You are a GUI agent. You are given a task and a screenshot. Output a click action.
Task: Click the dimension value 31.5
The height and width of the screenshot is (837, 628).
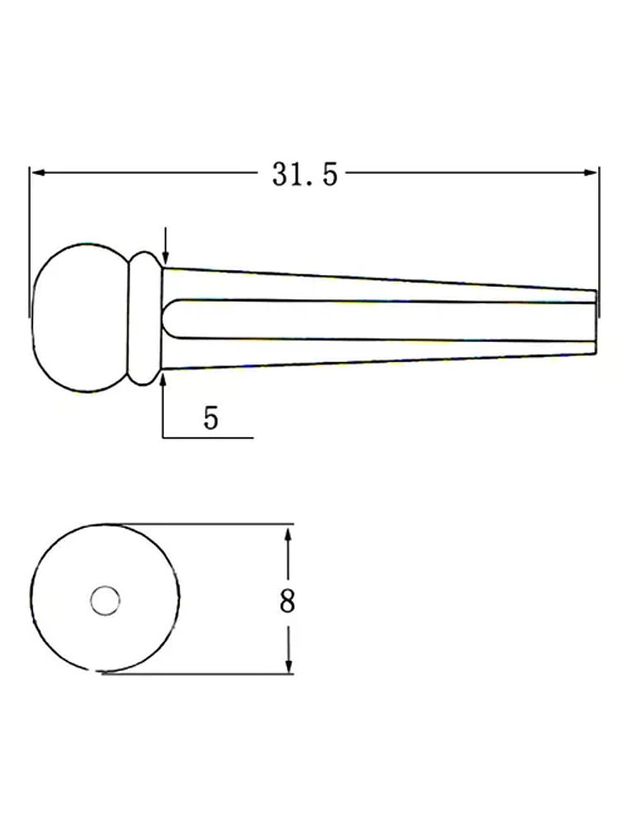coord(305,174)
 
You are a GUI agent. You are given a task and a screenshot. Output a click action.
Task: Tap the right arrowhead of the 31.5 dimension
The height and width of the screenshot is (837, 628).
coord(592,172)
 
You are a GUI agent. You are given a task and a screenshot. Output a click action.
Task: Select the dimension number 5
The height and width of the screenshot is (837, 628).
coord(212,418)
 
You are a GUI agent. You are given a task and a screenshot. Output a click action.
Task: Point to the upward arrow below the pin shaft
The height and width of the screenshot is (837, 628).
coord(164,382)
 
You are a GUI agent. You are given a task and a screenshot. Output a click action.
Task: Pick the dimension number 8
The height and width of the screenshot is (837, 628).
coord(287,601)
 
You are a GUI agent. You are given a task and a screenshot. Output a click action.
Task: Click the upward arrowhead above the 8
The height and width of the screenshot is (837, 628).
coord(288,535)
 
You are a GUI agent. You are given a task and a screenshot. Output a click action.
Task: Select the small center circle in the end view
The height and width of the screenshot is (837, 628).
coord(105,600)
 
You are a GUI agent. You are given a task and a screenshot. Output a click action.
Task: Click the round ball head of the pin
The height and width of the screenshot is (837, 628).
coord(78,318)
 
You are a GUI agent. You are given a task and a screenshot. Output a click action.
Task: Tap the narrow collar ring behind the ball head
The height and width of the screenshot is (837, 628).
coord(145,318)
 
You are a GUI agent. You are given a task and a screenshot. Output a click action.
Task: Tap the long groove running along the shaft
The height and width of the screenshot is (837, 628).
coord(380,319)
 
